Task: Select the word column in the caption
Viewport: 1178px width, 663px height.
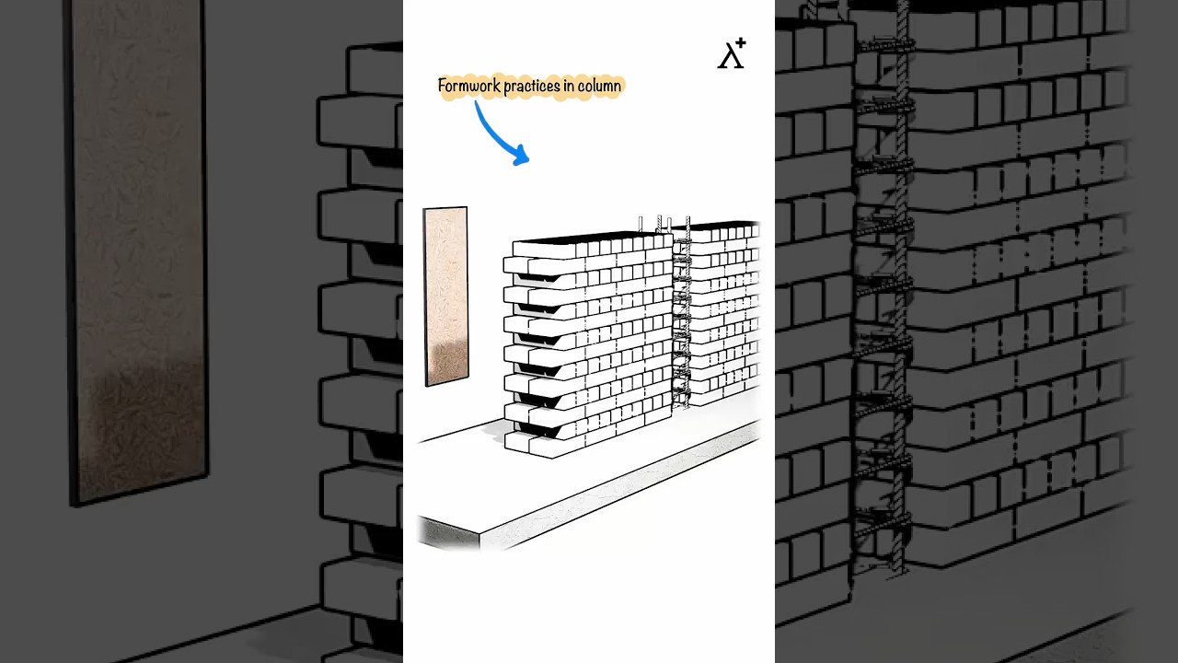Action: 599,86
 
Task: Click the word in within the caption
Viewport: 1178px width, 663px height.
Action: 570,86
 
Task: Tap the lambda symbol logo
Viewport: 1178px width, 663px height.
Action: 729,55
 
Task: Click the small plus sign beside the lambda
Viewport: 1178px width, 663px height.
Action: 741,43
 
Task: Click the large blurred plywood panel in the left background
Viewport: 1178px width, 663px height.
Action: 138,249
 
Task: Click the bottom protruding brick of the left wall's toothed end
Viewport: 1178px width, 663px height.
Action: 521,442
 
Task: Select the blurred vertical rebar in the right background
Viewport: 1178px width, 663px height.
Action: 897,295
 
